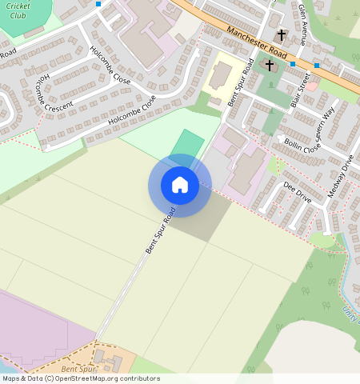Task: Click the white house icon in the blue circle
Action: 180,185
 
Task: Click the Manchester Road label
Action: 255,40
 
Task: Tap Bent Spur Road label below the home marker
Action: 160,232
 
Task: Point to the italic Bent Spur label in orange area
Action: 78,369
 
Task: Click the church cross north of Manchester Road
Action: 281,36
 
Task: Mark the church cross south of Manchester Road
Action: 270,64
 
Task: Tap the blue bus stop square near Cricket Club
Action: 98,4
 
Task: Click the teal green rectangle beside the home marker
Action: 187,145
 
